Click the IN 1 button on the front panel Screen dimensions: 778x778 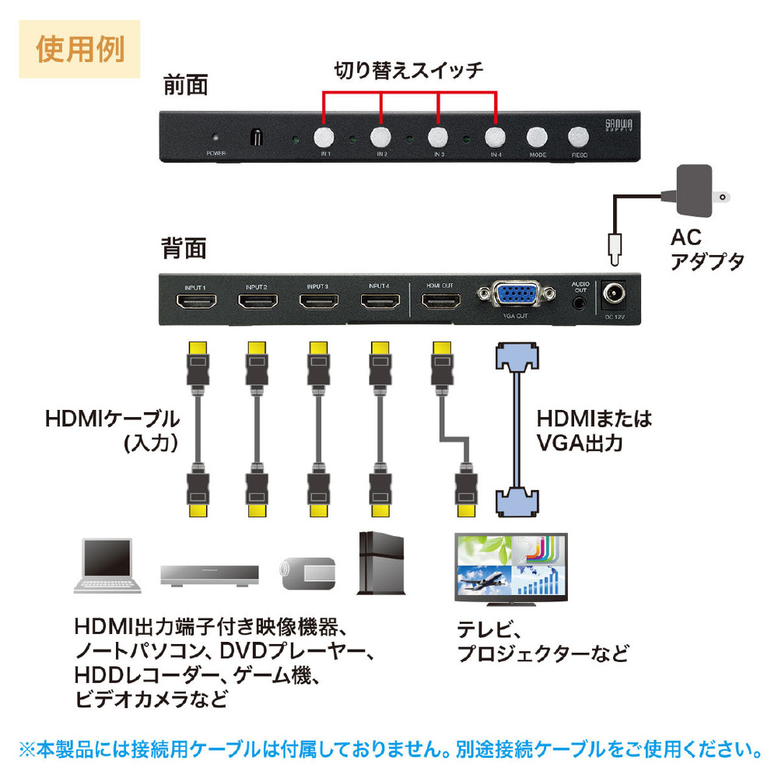(x=324, y=137)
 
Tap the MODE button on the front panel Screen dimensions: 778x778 (x=535, y=137)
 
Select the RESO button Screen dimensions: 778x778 (x=577, y=137)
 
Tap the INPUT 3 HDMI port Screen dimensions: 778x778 (x=318, y=303)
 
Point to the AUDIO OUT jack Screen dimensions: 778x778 (x=578, y=300)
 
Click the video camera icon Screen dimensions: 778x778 (x=307, y=572)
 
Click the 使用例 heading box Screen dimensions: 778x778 (x=80, y=48)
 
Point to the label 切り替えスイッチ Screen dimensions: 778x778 (x=408, y=70)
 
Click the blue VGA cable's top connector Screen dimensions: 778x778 (x=517, y=359)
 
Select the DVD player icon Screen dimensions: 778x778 (x=209, y=574)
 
